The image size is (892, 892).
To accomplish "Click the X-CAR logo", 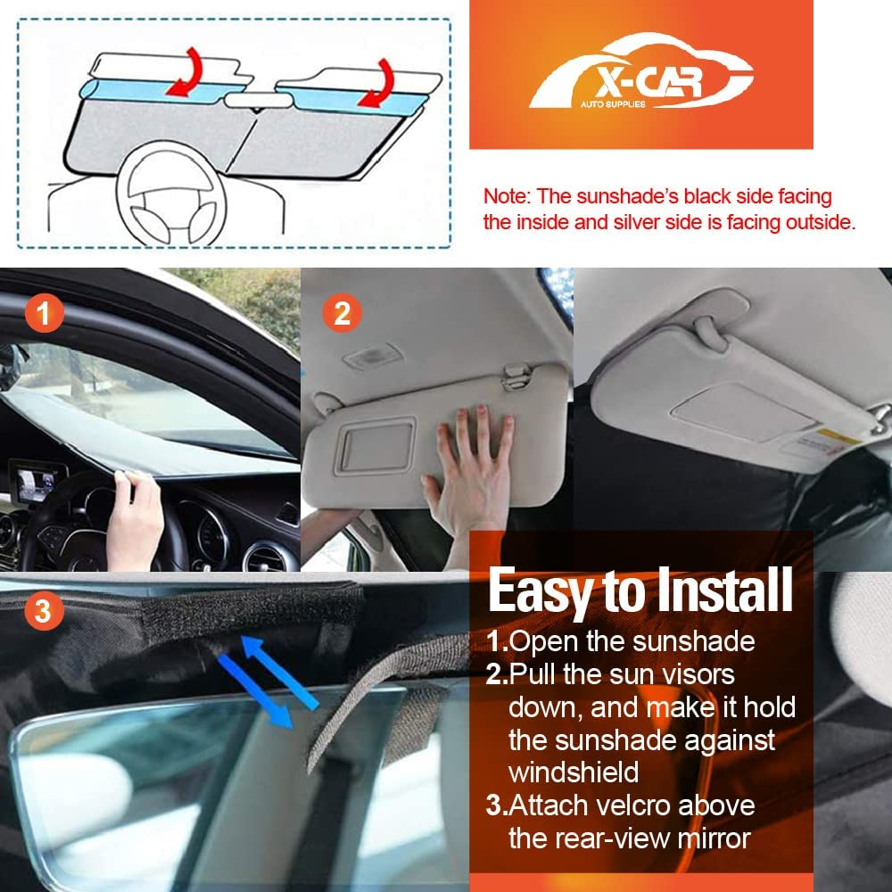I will (x=640, y=78).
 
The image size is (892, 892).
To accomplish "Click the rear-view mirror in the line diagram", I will (x=254, y=100).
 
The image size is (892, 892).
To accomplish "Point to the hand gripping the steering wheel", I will (x=136, y=517).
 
